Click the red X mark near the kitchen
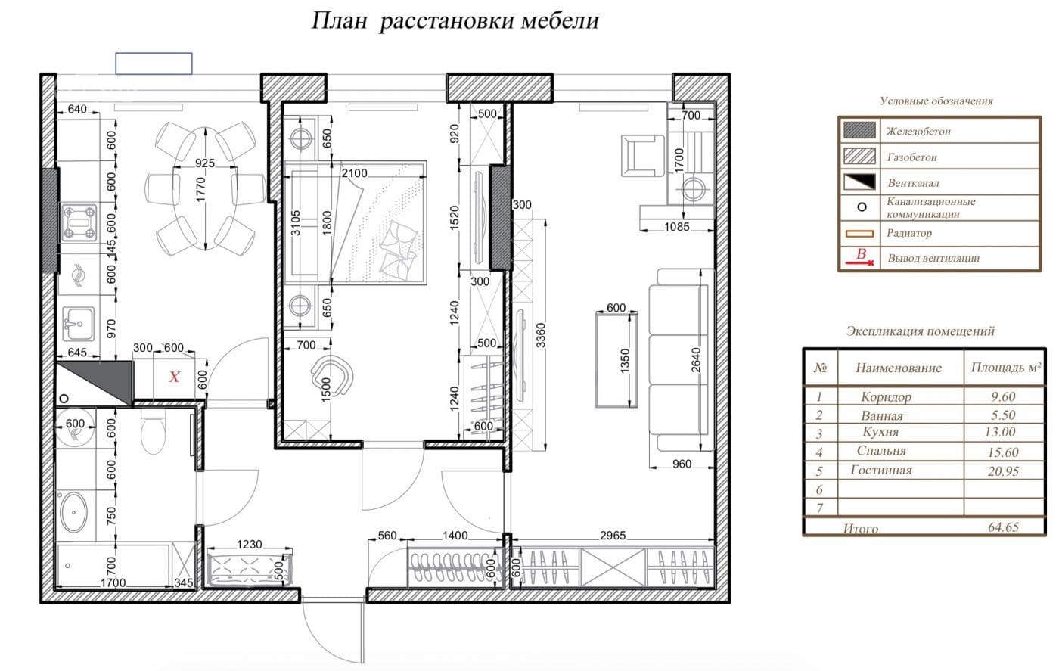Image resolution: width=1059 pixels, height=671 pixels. tap(175, 377)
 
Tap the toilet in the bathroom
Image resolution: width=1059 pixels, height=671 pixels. tap(153, 430)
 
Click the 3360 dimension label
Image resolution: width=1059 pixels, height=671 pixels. tap(541, 335)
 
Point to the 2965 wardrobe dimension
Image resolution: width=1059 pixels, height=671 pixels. tap(613, 536)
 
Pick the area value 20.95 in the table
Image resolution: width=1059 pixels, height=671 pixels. tap(1003, 471)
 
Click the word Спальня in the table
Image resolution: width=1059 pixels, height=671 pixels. tap(881, 451)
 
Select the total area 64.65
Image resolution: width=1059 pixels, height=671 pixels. tap(1003, 527)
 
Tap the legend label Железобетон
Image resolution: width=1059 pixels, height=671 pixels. tap(918, 132)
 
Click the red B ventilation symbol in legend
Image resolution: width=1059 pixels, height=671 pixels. tap(861, 256)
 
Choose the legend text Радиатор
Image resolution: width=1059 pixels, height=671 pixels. tap(909, 233)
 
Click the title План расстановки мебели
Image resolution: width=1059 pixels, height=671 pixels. tap(455, 21)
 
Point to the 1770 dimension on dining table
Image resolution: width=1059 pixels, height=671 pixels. tap(200, 189)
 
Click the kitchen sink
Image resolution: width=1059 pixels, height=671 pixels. tap(79, 324)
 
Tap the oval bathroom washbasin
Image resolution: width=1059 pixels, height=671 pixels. tap(73, 512)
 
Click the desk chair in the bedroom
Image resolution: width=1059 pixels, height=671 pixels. tap(332, 376)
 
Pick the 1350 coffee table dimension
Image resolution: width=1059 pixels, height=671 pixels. tap(625, 361)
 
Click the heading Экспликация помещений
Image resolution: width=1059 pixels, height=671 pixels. tap(920, 331)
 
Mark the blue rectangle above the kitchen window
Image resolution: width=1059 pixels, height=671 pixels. tap(154, 64)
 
